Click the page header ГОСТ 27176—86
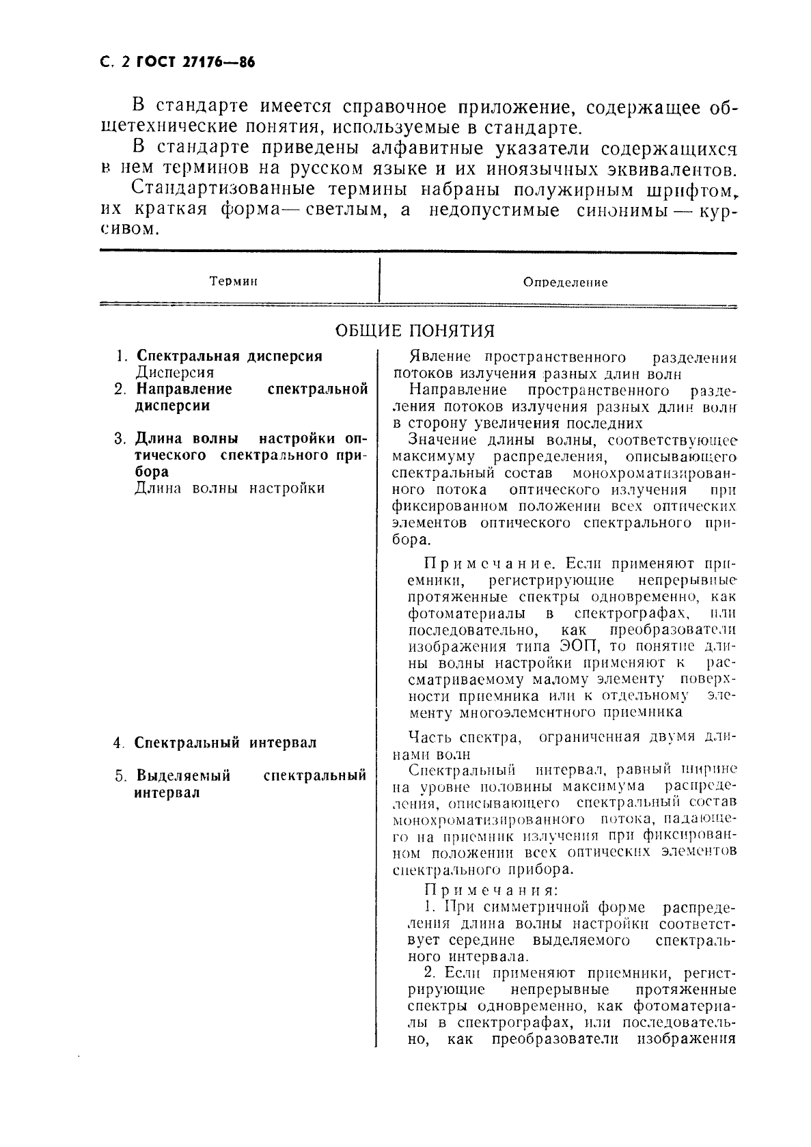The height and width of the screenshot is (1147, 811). [x=195, y=63]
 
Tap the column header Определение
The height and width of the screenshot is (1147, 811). [x=565, y=282]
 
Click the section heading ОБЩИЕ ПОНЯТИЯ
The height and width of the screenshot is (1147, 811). [x=415, y=331]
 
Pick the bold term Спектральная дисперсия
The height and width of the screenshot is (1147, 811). [x=230, y=356]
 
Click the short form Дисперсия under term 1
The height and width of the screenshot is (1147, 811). [x=176, y=373]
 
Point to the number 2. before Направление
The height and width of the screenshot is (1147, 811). [x=120, y=389]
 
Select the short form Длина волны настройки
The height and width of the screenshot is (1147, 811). [x=230, y=488]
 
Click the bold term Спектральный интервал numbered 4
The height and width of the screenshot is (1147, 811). [x=225, y=743]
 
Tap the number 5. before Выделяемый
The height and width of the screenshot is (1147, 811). [x=121, y=776]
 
